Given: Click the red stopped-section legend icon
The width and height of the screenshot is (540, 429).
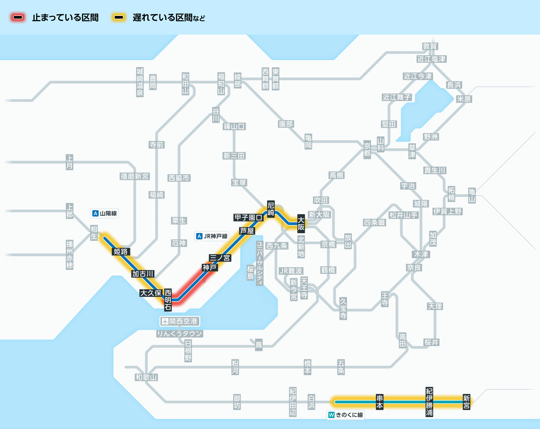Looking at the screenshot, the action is pyautogui.click(x=18, y=18).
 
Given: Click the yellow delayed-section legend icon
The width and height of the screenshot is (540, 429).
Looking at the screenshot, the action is pyautogui.click(x=119, y=18).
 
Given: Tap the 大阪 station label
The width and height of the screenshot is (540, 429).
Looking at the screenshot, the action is pyautogui.click(x=301, y=224).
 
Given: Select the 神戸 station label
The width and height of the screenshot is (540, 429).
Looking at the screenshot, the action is pyautogui.click(x=210, y=267).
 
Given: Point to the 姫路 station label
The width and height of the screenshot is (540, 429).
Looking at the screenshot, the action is pyautogui.click(x=121, y=252).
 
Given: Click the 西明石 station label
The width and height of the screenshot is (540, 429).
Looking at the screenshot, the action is pyautogui.click(x=168, y=300).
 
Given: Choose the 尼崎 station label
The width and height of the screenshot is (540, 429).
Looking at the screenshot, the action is pyautogui.click(x=271, y=209).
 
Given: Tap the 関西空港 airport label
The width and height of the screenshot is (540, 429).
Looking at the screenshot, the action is pyautogui.click(x=180, y=321).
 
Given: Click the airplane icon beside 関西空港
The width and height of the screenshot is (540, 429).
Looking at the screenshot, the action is pyautogui.click(x=165, y=321).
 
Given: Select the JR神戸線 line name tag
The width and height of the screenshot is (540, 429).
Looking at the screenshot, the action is pyautogui.click(x=212, y=236).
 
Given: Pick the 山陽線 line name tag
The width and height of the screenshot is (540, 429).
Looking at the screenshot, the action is pyautogui.click(x=104, y=213).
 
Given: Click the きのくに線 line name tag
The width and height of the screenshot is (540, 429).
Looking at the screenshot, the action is pyautogui.click(x=346, y=415).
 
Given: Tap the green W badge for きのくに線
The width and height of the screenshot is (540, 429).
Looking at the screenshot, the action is pyautogui.click(x=331, y=415).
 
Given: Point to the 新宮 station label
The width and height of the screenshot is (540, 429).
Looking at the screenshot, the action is pyautogui.click(x=467, y=402).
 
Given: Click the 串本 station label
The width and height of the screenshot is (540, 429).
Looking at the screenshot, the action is pyautogui.click(x=380, y=402).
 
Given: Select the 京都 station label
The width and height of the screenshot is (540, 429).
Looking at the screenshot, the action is pyautogui.click(x=367, y=150).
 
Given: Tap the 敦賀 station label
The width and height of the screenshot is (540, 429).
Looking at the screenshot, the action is pyautogui.click(x=430, y=46).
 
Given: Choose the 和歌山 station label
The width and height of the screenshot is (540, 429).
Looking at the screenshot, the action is pyautogui.click(x=146, y=377).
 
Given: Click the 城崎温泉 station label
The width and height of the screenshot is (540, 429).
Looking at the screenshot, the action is pyautogui.click(x=140, y=82).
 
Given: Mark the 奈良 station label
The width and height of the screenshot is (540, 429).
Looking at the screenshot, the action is pyautogui.click(x=414, y=268).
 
